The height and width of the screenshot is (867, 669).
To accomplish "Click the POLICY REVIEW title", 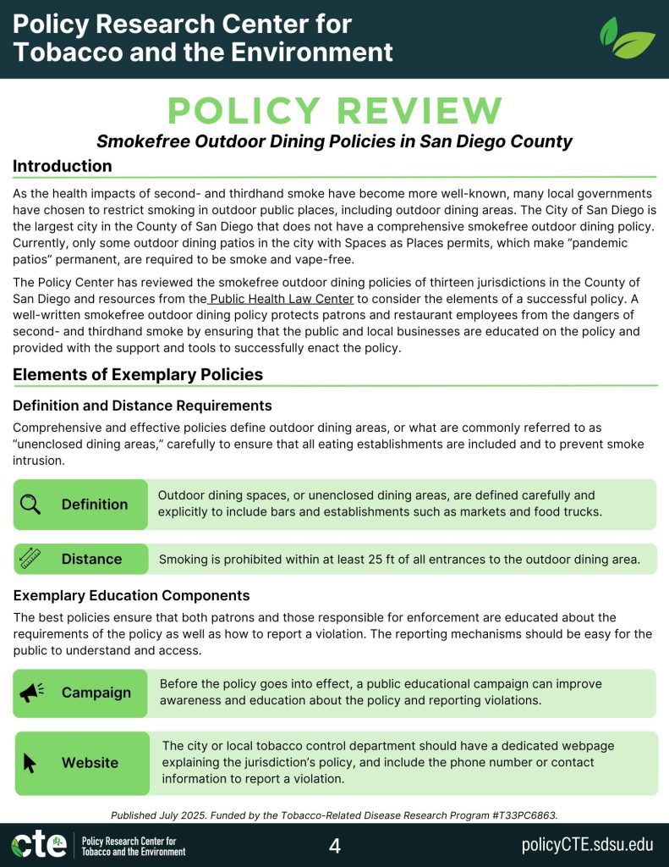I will click(x=335, y=111).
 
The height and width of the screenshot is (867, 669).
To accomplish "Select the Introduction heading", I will click(x=62, y=166).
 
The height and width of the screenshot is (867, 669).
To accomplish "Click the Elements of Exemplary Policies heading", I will click(x=138, y=374).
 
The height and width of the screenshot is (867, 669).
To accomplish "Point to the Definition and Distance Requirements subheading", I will click(x=142, y=406).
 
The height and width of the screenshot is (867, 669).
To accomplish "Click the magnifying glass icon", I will click(x=30, y=505).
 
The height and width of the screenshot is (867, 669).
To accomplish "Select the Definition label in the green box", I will click(x=95, y=505).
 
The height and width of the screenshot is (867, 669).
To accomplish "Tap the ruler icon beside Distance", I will click(x=30, y=559).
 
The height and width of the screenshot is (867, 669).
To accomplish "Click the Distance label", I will click(x=91, y=559).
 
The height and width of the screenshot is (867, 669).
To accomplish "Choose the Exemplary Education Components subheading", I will click(x=131, y=595).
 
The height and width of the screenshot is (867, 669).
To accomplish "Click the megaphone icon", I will click(x=31, y=693).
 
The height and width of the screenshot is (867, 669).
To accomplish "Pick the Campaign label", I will click(x=96, y=693).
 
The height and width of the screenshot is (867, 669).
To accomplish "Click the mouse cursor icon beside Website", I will click(x=30, y=763).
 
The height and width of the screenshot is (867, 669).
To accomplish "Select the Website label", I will click(x=90, y=763).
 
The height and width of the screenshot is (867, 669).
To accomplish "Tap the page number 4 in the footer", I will click(x=335, y=845).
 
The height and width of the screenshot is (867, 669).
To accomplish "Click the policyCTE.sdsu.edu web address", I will click(x=587, y=845).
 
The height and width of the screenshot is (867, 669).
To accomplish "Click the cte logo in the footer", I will click(x=38, y=845).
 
